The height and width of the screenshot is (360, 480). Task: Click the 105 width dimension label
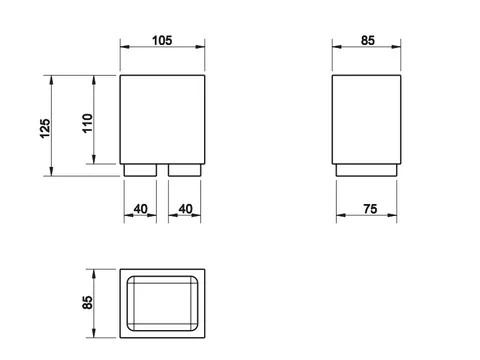click(162, 41)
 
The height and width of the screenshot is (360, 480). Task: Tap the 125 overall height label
click(45, 128)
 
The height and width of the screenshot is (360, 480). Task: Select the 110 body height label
click(87, 123)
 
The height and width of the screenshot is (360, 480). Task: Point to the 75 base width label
click(370, 209)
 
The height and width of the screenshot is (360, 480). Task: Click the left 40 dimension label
click(140, 209)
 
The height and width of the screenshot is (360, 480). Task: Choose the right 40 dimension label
click(185, 209)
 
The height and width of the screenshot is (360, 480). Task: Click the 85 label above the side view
click(368, 41)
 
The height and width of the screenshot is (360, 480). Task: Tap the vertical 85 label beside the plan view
click(87, 302)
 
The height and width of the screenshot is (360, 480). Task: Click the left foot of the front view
click(140, 170)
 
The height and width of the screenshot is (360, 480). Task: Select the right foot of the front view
click(185, 170)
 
